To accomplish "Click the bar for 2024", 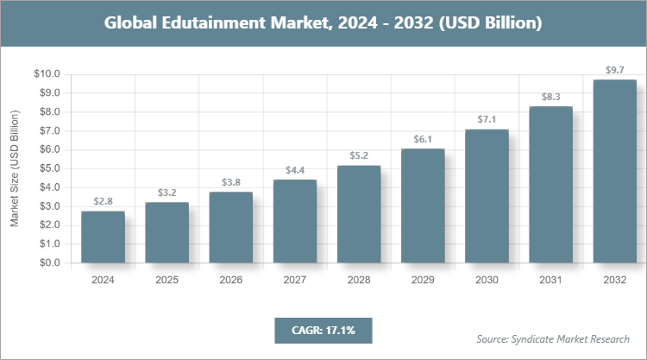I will point(103,237).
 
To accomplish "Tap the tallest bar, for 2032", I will point(615,172).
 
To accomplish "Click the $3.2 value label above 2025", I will point(166,192).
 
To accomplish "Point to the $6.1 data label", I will point(423,138).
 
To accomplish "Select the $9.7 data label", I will point(615,69).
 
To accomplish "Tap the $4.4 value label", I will point(295,169).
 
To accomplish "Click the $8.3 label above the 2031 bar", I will point(550,96).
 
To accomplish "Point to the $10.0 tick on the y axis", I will point(47,74).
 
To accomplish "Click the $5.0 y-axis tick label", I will point(48,168).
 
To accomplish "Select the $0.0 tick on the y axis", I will point(48,263).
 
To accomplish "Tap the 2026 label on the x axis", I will point(230,280).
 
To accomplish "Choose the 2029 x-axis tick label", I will point(423,280).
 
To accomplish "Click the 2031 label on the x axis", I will point(550,280).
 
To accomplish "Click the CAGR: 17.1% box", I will point(323,330).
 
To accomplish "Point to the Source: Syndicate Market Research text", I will point(552,338).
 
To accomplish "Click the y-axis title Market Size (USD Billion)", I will point(15,169).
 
